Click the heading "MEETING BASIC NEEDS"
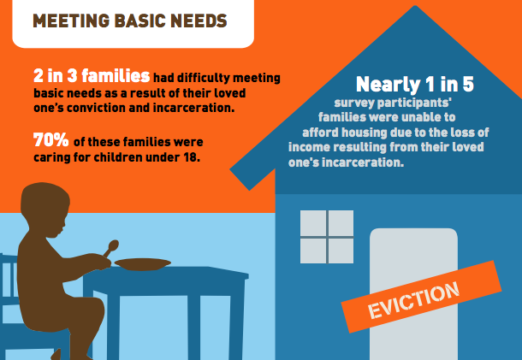click(130, 21)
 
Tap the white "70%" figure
click(51, 139)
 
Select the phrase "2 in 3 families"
click(92, 76)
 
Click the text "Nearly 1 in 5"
click(415, 84)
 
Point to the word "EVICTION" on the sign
click(414, 300)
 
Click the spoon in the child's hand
click(111, 248)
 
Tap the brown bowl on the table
click(143, 264)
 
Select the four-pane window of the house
click(327, 237)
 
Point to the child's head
click(45, 205)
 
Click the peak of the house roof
click(415, 6)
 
